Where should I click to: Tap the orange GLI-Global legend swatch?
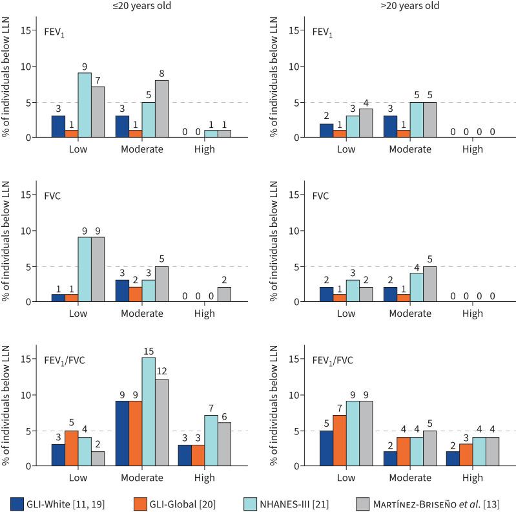tap(141, 502)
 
